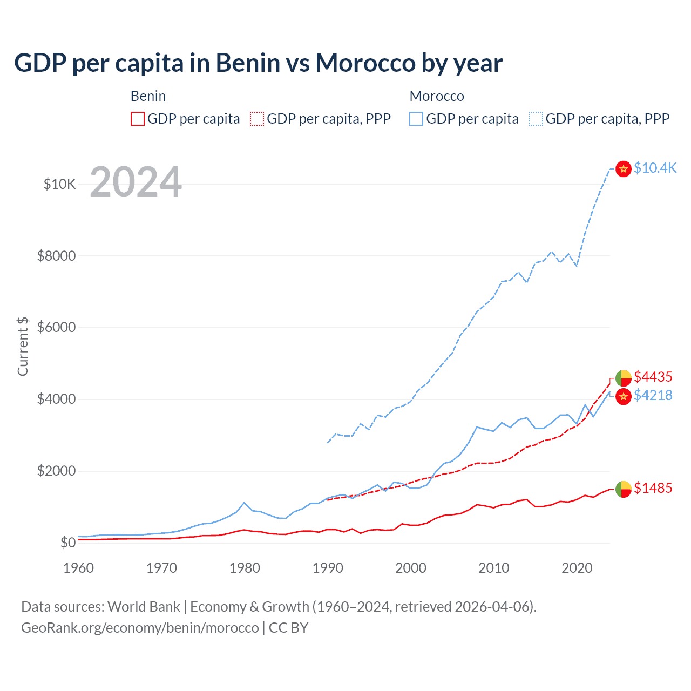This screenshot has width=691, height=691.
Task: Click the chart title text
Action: [258, 63]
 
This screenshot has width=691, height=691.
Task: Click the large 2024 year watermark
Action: [136, 182]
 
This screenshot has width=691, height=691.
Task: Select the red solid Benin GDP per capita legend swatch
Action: [138, 119]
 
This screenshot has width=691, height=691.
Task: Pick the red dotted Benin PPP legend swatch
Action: [257, 119]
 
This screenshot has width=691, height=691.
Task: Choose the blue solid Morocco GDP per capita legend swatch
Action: [416, 119]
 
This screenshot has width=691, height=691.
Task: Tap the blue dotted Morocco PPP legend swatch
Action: [536, 119]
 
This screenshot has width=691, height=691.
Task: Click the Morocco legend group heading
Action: [436, 96]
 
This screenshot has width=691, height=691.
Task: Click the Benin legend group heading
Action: [148, 96]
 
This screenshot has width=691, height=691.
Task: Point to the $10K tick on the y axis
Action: [59, 184]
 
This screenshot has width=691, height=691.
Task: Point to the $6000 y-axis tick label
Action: [56, 328]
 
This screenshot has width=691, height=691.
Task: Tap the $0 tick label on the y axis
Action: [67, 543]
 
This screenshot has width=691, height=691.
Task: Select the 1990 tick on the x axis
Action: [328, 568]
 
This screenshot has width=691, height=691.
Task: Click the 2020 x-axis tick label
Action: [577, 568]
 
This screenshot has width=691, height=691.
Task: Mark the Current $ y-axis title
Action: [23, 347]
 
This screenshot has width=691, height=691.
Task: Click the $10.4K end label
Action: [655, 168]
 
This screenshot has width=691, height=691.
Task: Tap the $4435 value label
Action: [653, 376]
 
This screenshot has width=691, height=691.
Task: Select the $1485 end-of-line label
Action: [653, 488]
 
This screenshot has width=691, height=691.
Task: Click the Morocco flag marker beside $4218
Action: [624, 396]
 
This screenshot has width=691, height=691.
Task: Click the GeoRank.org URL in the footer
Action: [140, 628]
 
